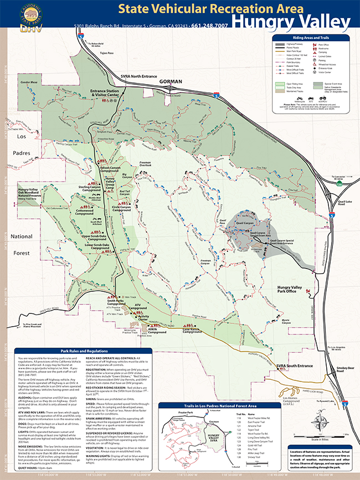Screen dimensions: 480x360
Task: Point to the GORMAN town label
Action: point(170,81)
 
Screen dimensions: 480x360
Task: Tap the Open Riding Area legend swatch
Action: point(282,85)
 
